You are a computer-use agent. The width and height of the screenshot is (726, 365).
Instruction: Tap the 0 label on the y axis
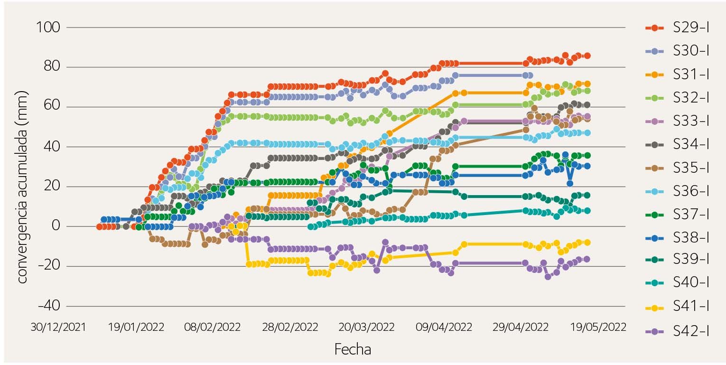56,226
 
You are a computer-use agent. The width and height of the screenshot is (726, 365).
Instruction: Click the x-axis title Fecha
353,349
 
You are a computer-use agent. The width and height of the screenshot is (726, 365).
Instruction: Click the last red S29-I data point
587,56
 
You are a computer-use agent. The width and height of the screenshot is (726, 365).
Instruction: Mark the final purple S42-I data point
587,259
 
